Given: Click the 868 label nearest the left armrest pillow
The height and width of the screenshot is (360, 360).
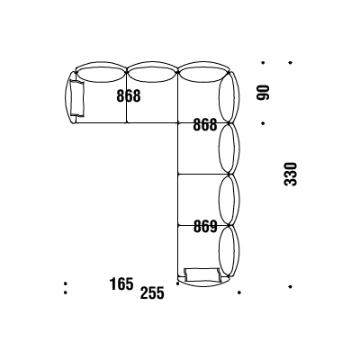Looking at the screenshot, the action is point(129,96).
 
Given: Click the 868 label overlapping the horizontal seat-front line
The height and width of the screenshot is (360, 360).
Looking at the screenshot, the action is point(205,124).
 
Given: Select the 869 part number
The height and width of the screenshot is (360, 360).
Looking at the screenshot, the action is point(205,227).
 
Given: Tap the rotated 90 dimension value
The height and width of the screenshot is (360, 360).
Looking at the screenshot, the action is point(263,92).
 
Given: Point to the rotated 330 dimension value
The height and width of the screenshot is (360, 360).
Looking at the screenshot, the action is point(290,174).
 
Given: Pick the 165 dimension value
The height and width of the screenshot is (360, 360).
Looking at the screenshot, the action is point(121,283).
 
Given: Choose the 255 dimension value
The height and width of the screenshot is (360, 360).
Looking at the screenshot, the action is point(152,292).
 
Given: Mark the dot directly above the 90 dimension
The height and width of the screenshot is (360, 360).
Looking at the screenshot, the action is point(263,63).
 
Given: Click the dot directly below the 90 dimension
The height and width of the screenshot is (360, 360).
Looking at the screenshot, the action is point(263,123).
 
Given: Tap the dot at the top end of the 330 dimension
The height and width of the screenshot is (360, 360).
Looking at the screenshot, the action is point(290,63).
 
